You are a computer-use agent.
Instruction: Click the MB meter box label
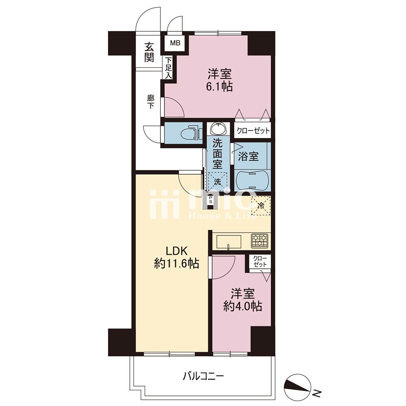point(175,43)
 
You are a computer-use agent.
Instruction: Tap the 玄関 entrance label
point(149,52)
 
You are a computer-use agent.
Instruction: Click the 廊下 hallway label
point(151,102)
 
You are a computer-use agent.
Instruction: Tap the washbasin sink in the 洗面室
point(218,128)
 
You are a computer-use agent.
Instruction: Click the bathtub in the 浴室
point(252,181)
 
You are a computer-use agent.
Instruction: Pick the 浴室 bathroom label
point(248,156)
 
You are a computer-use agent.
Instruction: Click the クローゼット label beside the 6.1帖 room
point(252,130)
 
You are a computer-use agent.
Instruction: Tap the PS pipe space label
point(210,200)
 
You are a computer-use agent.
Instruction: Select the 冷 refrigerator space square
point(261,206)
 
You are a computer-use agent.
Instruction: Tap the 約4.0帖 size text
point(242,307)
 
